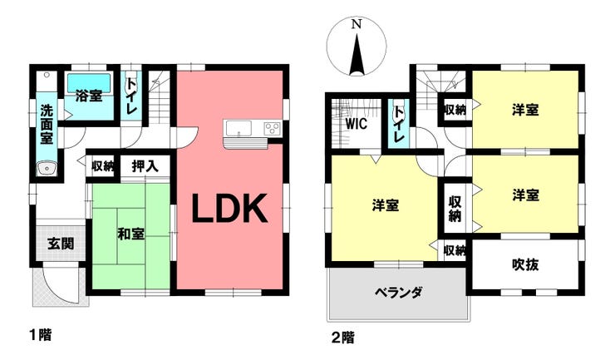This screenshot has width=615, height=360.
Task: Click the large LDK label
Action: (x=230, y=210)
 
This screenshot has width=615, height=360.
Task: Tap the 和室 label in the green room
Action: (x=131, y=234)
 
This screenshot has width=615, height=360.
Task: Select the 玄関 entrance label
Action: (x=61, y=244)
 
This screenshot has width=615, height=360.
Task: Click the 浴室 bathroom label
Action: (x=89, y=96)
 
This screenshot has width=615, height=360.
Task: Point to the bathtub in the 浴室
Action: (x=89, y=82)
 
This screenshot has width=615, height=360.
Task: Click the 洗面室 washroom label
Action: (x=47, y=124)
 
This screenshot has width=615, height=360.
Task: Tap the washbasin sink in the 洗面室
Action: (x=47, y=170)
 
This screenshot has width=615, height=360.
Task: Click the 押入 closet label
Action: (x=145, y=166)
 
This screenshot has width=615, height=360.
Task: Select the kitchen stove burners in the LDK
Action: (x=272, y=128)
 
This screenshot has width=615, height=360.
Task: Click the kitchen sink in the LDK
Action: (x=239, y=128)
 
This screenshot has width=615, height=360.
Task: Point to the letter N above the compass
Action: (x=357, y=24)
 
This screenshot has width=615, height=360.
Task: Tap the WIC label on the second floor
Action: (x=357, y=124)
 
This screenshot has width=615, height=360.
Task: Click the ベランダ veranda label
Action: (x=398, y=293)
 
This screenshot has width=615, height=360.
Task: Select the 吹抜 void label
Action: (x=525, y=265)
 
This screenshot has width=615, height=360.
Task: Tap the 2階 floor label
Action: (x=342, y=338)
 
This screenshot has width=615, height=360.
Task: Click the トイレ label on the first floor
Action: (x=130, y=96)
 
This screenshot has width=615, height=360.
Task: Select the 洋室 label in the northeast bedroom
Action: (x=525, y=110)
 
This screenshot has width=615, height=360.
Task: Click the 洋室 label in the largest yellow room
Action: (x=386, y=205)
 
